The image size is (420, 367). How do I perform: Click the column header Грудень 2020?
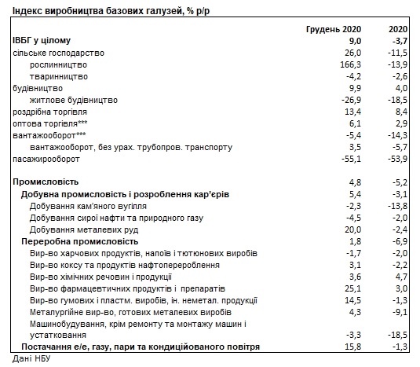click(334, 29)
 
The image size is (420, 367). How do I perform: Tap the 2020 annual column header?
click(398, 29)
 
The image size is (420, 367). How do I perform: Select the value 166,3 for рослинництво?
click(351, 65)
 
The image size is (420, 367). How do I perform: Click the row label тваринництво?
click(59, 77)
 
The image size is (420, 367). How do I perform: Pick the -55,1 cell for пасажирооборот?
click(351, 160)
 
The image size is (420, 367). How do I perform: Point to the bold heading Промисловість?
click(46, 182)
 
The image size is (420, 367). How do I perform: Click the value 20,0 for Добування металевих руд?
click(353, 230)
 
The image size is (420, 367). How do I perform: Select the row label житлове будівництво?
click(74, 101)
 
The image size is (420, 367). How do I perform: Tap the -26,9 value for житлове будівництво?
click(351, 101)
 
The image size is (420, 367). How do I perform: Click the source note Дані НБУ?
click(31, 358)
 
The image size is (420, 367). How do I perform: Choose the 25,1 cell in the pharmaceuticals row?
click(353, 289)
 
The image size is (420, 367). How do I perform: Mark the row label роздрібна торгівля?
click(49, 112)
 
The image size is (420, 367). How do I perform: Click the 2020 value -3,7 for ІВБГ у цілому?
click(400, 42)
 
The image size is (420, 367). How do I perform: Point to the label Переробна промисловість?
click(80, 242)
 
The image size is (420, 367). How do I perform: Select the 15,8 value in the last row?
click(353, 347)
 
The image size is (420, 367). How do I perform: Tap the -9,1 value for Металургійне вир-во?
click(400, 313)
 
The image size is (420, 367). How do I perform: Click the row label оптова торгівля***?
click(50, 124)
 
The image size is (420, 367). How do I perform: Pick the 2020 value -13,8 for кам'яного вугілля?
click(397, 207)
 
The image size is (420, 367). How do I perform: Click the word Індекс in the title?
click(27, 11)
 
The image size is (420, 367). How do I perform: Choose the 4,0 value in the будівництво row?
click(401, 89)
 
